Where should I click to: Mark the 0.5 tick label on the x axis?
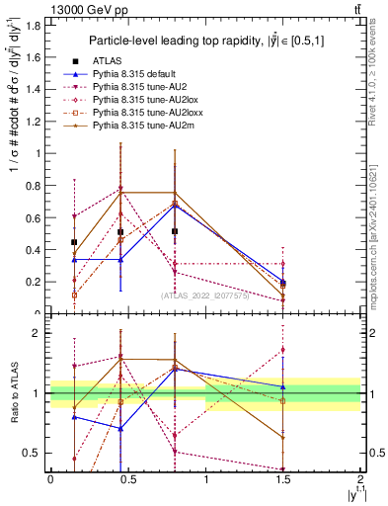pos(127,486)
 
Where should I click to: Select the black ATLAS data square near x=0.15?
pos(74,242)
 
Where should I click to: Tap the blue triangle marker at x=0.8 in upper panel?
pos(175,205)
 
